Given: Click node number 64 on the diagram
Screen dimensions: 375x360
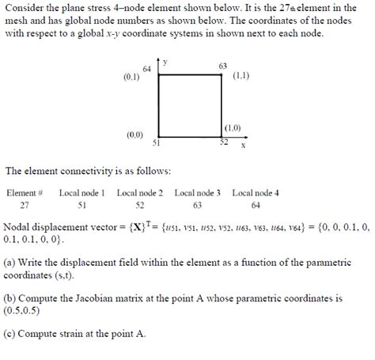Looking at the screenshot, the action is coord(147,68).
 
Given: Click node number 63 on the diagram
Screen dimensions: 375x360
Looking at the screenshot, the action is coord(222,65).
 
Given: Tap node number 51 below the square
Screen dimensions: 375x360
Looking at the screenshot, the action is coord(157,143).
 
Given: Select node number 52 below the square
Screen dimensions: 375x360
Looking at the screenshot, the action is coord(224,143).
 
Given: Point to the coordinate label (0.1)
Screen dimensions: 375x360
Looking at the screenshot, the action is coord(131,78).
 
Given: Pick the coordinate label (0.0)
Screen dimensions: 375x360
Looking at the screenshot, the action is coord(134,135).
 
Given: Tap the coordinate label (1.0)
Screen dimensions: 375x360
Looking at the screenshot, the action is coord(233,127).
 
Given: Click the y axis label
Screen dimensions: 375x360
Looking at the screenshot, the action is coord(165,62).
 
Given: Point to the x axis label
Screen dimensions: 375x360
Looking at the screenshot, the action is coord(243,146).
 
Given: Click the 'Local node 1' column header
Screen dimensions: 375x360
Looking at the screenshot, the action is coord(81,192).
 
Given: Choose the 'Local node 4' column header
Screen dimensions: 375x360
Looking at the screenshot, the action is coord(255,192).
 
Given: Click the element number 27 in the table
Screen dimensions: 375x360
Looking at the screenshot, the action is coord(25,204).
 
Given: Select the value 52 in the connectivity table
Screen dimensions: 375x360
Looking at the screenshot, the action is coord(140,204).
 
